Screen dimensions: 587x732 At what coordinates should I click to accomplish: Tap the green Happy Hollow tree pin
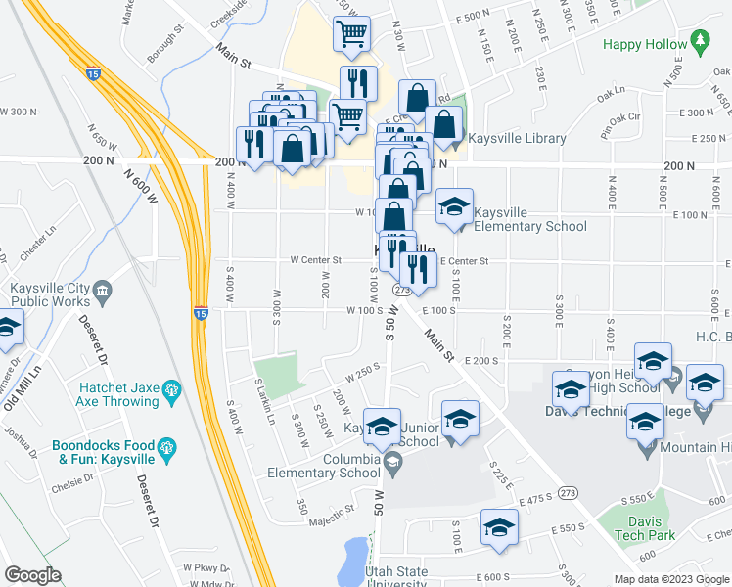coord(699,40)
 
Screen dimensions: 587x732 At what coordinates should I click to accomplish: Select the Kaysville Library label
coord(517,138)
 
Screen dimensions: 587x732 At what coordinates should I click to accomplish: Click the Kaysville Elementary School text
coord(530,219)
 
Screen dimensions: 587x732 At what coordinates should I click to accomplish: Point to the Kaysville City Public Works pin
coord(105,291)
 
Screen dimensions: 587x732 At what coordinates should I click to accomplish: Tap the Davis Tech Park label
coord(645,528)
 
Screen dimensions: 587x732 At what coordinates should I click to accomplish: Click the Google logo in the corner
coord(33,575)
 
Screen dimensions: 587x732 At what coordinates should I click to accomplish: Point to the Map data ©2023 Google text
coord(671,579)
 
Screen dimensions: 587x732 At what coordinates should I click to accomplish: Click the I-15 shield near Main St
coord(92,73)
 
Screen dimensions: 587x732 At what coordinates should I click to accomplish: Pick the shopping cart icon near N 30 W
coord(350,33)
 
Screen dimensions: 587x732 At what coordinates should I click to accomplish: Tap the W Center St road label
coord(315,260)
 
